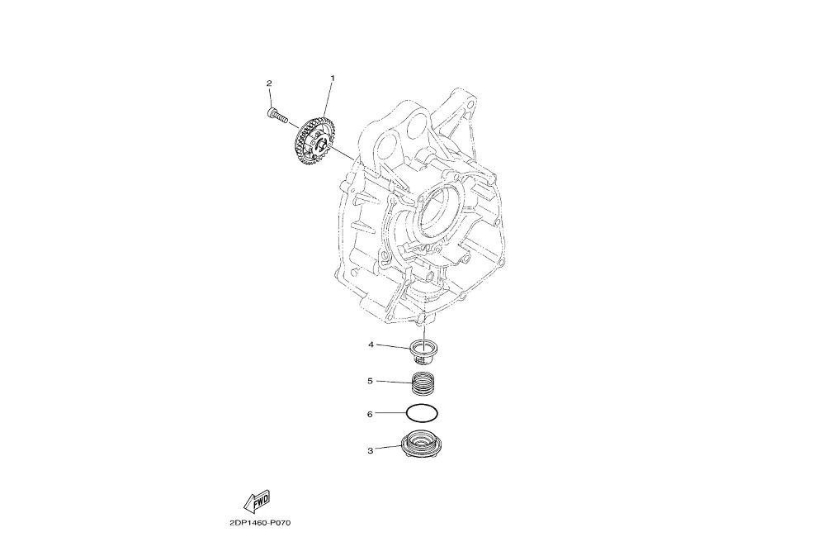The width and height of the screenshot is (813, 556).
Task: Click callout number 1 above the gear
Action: click(333, 78)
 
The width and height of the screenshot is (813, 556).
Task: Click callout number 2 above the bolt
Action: click(269, 83)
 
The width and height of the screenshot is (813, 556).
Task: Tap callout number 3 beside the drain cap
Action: click(371, 450)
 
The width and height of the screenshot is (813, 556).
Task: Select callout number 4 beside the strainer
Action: click(371, 345)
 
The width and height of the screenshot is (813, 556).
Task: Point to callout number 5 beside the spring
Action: click(371, 381)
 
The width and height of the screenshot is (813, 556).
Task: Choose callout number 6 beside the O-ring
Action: click(370, 414)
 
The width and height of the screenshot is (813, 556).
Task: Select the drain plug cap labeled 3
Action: click(419, 445)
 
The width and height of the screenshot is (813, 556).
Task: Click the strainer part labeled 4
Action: click(422, 350)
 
